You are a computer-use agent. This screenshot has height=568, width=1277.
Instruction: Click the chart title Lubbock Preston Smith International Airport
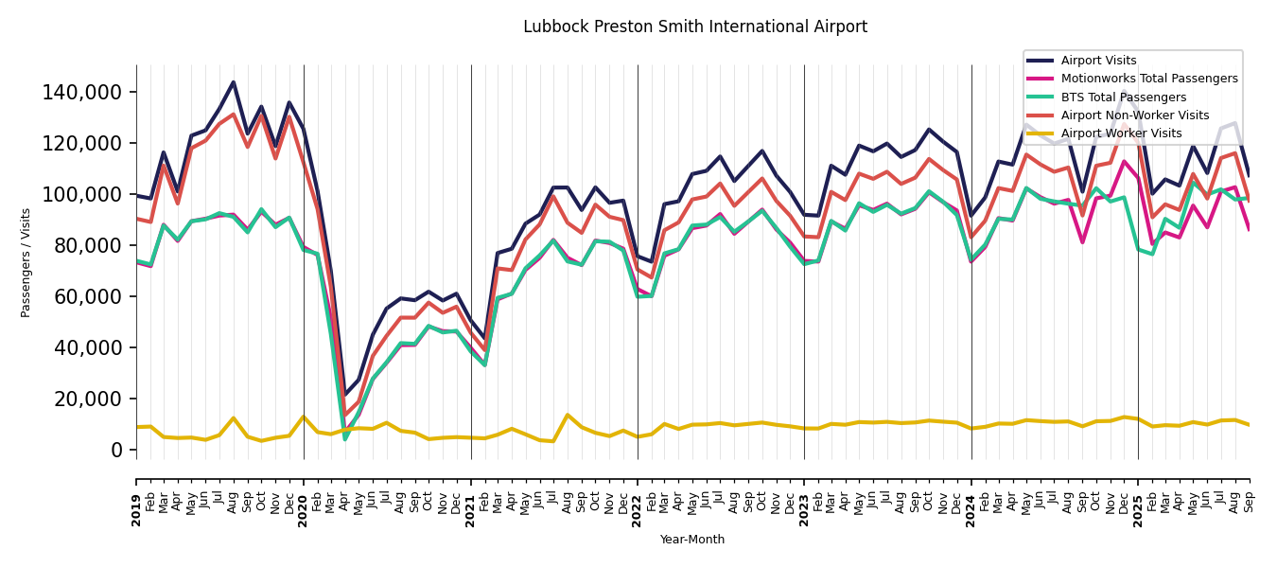(x=695, y=27)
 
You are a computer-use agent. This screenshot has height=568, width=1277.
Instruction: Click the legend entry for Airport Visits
(x=1098, y=61)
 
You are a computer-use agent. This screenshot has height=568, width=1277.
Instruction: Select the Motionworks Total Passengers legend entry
(x=1148, y=79)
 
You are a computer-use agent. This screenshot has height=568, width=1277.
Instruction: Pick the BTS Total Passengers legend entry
(x=1123, y=98)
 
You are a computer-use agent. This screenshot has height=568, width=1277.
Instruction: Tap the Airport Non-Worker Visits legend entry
(x=1134, y=115)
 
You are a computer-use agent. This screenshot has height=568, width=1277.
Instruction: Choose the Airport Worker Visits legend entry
(x=1121, y=133)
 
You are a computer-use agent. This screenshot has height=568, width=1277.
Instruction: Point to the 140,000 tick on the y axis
(x=82, y=93)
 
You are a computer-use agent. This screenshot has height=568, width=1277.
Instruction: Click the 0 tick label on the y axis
(x=116, y=451)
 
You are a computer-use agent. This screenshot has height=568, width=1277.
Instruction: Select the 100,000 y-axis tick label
(x=82, y=195)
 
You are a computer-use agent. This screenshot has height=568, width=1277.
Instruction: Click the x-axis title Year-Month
(x=692, y=540)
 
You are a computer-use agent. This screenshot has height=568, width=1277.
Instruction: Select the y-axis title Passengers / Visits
(x=26, y=262)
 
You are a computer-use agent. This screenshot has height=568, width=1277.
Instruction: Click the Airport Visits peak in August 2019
(x=234, y=82)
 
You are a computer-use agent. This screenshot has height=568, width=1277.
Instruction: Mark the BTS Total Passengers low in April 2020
(x=345, y=438)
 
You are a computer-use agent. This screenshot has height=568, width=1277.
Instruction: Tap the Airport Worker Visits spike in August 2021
(x=568, y=415)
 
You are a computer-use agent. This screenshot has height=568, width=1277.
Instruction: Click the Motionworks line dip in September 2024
(x=1082, y=242)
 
